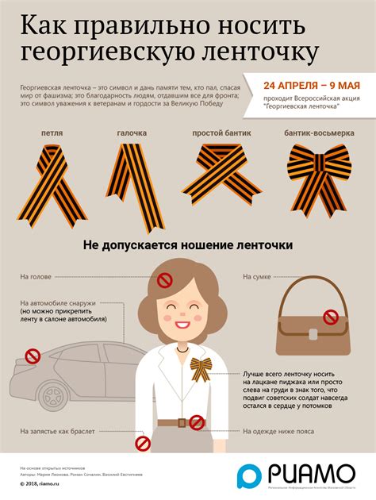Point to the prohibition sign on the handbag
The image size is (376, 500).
point(331,317)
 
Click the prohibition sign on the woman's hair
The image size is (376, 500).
point(165,280)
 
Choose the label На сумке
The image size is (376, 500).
point(258,277)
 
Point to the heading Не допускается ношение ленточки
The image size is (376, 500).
point(188,247)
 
